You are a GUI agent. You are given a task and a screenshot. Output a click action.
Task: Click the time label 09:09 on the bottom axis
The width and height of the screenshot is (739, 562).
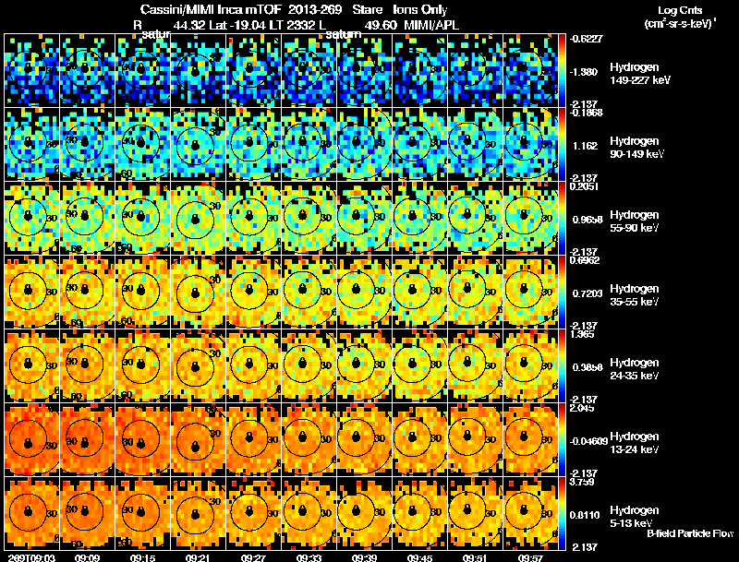(88, 556)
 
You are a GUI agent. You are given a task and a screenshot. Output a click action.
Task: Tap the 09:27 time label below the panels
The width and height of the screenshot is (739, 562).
(254, 556)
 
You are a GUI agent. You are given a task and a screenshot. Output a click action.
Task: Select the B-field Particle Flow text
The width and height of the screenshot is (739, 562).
(689, 533)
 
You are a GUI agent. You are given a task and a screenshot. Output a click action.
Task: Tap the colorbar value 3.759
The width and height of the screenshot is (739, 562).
(583, 481)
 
